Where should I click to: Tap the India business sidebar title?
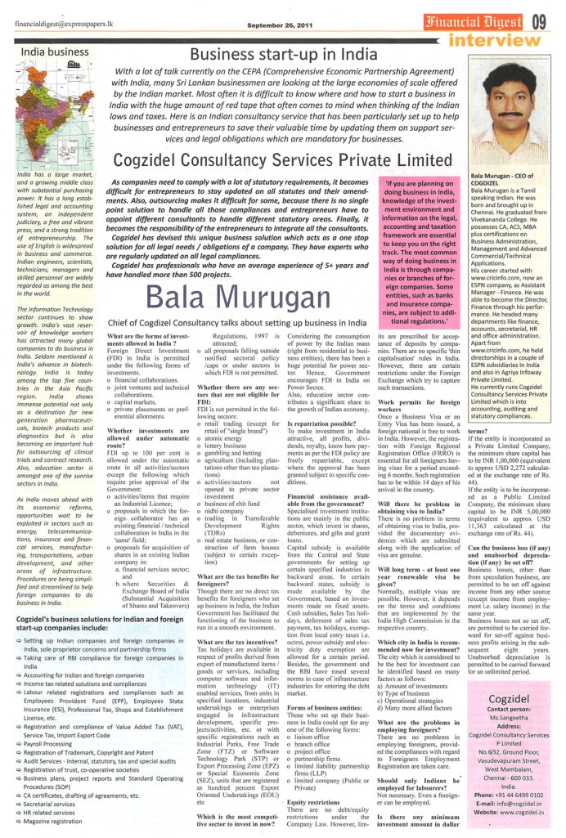tap(56, 52)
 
